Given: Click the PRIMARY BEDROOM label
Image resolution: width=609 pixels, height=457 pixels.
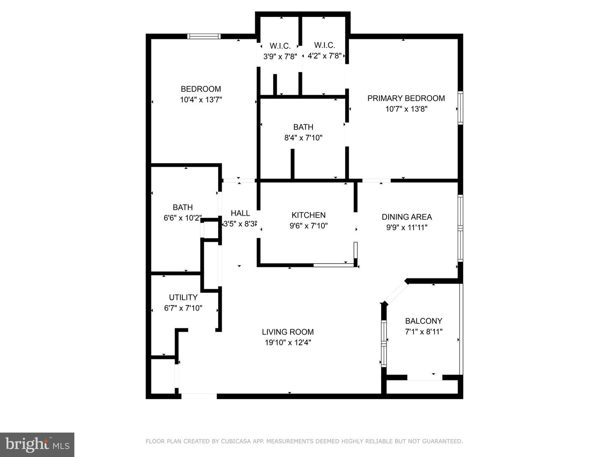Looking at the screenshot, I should pyautogui.click(x=406, y=98).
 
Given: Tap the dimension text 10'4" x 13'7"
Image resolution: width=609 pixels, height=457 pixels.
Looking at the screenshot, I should pyautogui.click(x=201, y=100).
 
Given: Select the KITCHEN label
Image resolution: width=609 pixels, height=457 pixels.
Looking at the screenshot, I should pyautogui.click(x=308, y=215).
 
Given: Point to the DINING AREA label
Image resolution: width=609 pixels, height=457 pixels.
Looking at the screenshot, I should pyautogui.click(x=407, y=217).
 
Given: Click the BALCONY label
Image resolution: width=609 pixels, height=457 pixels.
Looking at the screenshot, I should pyautogui.click(x=423, y=321).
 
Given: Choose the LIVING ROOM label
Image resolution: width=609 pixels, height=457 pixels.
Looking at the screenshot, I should pyautogui.click(x=288, y=332).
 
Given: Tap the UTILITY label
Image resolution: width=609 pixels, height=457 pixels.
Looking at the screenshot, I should pyautogui.click(x=183, y=297).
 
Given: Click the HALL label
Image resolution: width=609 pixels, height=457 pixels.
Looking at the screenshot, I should pyautogui.click(x=240, y=213).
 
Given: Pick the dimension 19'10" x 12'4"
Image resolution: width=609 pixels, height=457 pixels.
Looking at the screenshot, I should pyautogui.click(x=288, y=343).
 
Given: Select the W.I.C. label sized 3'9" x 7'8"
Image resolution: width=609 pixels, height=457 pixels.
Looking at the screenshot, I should pyautogui.click(x=280, y=46).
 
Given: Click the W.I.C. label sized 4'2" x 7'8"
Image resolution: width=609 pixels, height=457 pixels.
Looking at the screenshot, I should pyautogui.click(x=324, y=45).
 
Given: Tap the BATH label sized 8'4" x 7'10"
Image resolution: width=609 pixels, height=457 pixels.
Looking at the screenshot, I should pyautogui.click(x=303, y=127).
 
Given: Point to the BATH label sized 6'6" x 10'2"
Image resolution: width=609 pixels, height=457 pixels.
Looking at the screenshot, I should pyautogui.click(x=183, y=207).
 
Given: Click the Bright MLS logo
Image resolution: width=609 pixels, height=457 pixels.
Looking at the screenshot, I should pyautogui.click(x=37, y=444).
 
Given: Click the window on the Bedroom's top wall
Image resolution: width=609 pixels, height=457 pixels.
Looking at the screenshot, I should pyautogui.click(x=204, y=36).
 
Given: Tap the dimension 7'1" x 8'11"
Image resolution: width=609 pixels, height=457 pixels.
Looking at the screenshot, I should pyautogui.click(x=423, y=332).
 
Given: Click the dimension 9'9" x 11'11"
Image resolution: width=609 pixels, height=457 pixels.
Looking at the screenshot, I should pyautogui.click(x=407, y=228).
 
